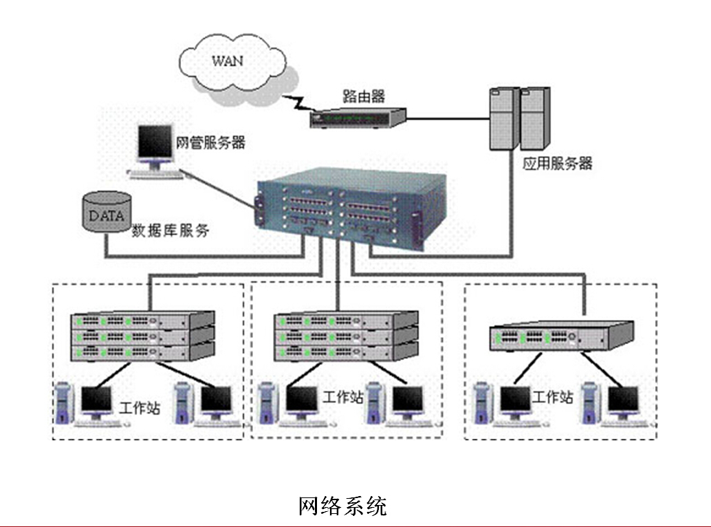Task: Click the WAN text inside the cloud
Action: click(228, 61)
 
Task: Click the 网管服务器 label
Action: click(211, 144)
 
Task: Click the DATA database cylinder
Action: click(107, 214)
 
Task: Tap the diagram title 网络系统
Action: click(342, 506)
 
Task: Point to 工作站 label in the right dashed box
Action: click(553, 397)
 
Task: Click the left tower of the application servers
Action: click(503, 118)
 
